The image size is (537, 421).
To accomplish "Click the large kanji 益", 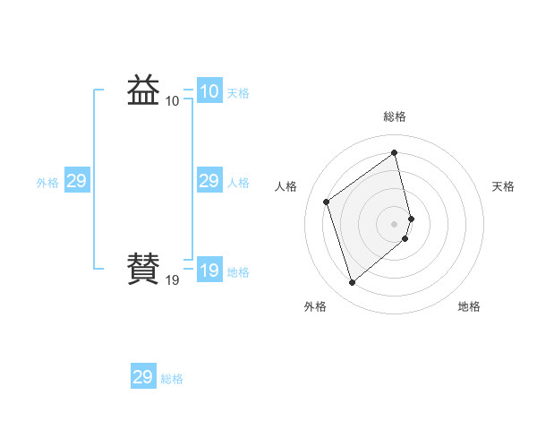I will click(x=143, y=90).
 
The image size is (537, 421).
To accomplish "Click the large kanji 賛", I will click(x=143, y=268).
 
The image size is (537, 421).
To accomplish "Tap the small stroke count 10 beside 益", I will click(x=172, y=101).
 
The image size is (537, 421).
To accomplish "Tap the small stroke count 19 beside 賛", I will click(x=172, y=280).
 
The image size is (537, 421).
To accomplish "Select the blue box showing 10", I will click(x=209, y=91).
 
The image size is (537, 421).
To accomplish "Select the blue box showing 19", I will click(x=209, y=271).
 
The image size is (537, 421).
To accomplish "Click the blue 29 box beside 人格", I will click(x=209, y=182).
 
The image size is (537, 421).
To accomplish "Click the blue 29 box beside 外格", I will click(x=76, y=182).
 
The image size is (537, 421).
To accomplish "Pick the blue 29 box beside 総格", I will click(x=143, y=377).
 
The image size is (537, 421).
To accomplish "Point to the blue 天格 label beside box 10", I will click(x=238, y=93).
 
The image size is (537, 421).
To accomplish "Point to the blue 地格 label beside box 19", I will click(x=238, y=272).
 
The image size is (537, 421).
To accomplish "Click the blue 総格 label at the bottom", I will click(x=172, y=379).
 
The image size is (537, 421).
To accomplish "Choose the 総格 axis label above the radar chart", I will click(x=395, y=116).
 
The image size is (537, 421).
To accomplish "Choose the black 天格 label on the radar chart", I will click(x=503, y=186).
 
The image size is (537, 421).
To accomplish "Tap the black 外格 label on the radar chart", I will click(x=315, y=306).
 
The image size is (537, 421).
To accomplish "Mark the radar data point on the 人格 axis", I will click(x=327, y=202).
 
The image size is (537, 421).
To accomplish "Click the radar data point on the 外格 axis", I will click(x=352, y=283).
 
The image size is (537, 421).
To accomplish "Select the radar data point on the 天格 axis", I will click(x=411, y=218).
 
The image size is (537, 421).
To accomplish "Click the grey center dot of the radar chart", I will click(x=395, y=223).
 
